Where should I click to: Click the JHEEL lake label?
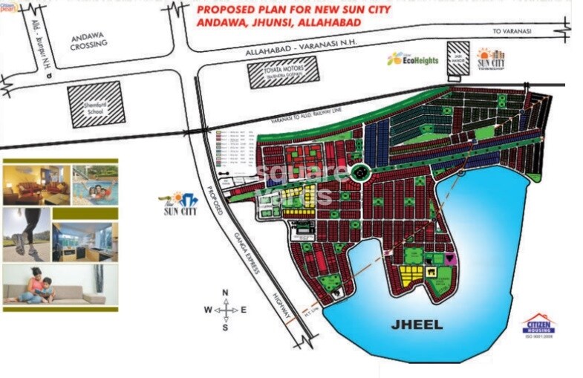click(417, 325)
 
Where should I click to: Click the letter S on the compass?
click(225, 327)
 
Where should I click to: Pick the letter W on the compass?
click(208, 310)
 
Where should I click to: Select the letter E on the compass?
click(244, 310)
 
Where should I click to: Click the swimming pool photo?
click(94, 184)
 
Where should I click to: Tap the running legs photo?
click(27, 233)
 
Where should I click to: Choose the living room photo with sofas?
click(36, 185)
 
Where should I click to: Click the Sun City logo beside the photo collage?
click(180, 204)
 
